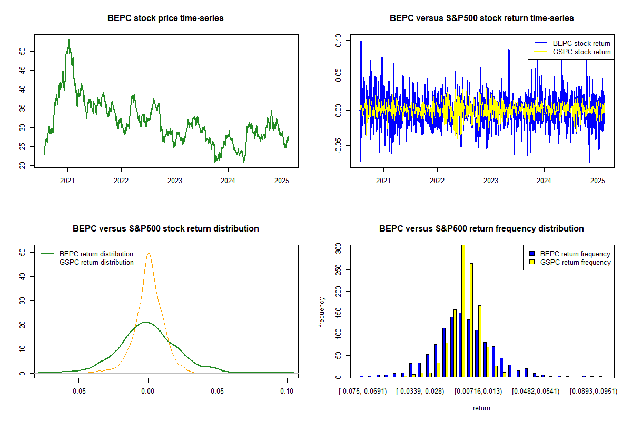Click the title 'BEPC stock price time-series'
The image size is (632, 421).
[165, 18]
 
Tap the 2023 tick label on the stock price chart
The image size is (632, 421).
[174, 179]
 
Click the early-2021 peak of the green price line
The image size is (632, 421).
[68, 40]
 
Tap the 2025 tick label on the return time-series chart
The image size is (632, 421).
[598, 179]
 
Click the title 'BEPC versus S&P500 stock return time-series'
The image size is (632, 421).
[481, 18]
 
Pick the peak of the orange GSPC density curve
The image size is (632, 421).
[149, 253]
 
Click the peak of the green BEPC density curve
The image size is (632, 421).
[146, 322]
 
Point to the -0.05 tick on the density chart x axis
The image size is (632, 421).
[79, 392]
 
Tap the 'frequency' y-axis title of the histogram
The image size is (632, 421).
[322, 312]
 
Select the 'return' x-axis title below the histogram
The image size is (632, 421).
[481, 408]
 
